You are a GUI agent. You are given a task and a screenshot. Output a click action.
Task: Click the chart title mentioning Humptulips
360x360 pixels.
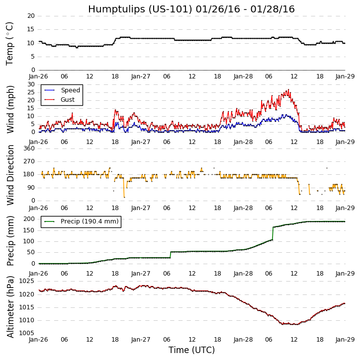point(191,9)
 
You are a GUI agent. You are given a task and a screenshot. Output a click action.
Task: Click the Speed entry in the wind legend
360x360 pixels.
point(70,90)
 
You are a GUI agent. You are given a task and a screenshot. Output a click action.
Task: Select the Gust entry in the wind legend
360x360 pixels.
point(68,100)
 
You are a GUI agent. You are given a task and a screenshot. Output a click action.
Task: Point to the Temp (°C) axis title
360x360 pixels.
point(10,43)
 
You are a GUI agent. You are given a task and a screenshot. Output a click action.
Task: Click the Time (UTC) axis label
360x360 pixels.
point(191,350)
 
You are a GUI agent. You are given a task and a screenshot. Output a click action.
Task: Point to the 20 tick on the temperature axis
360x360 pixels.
point(31,16)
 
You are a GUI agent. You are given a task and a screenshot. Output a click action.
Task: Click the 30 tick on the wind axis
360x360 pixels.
point(31,84)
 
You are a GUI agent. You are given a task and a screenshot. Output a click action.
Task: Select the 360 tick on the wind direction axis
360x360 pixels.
point(29,148)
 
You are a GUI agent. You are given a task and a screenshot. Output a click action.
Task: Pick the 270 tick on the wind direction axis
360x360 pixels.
point(29,161)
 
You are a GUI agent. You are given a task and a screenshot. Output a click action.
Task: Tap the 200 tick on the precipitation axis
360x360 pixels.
point(29,219)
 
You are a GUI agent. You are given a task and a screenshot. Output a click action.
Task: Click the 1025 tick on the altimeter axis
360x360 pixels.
point(27,281)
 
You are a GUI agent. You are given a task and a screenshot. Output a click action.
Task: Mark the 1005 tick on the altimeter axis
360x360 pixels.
point(27,333)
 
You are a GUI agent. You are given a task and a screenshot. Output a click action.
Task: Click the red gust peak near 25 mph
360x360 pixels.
point(288,90)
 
